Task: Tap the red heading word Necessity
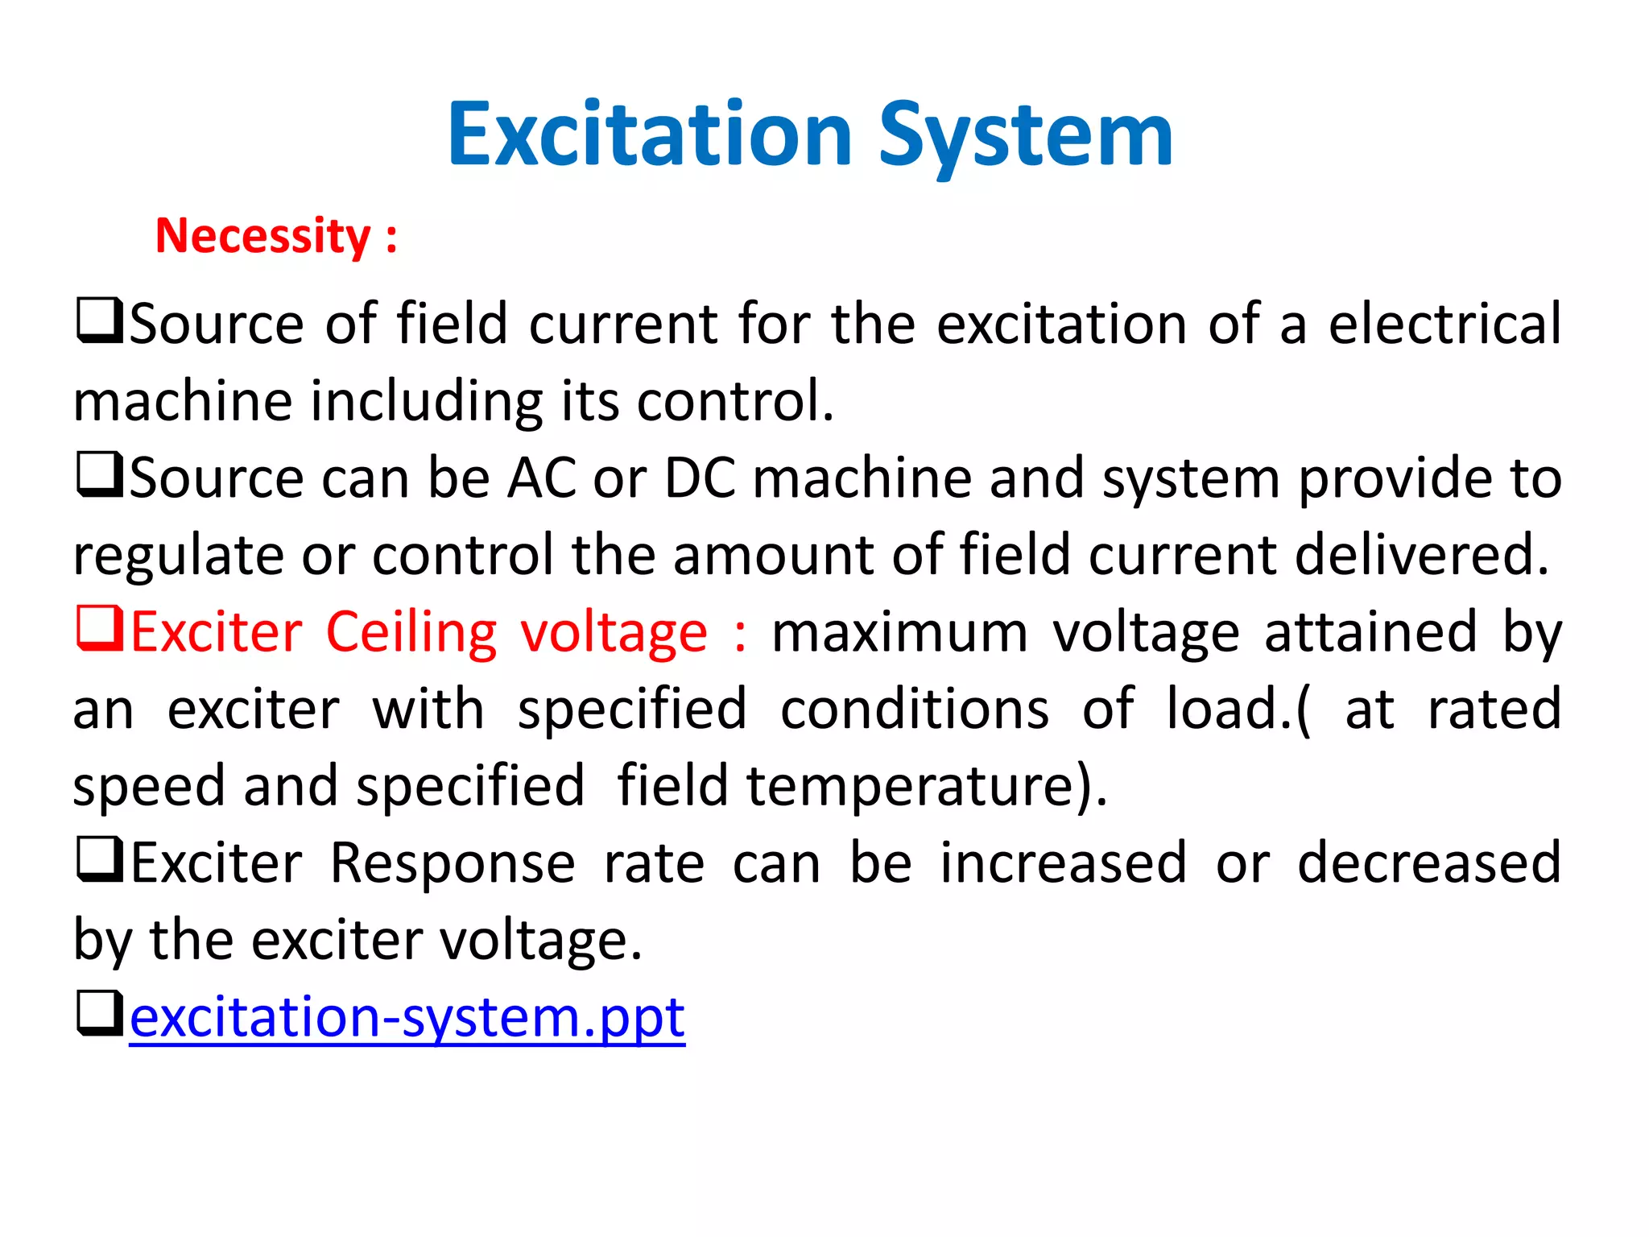[262, 236]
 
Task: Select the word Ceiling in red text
[411, 632]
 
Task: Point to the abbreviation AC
[541, 478]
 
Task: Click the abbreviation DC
[700, 478]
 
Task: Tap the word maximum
[899, 632]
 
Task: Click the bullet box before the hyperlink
[99, 1014]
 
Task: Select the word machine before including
[183, 401]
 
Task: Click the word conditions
[915, 710]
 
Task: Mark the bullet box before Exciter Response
[99, 860]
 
